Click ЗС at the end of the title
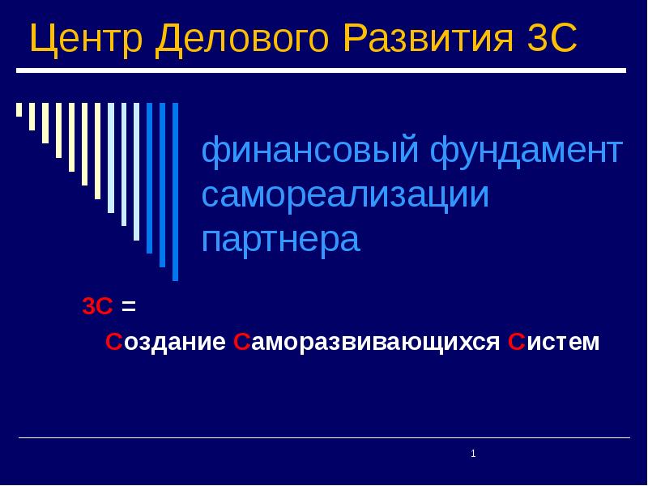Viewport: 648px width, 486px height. point(550,40)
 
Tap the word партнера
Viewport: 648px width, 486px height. point(280,240)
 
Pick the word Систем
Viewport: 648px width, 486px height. point(553,342)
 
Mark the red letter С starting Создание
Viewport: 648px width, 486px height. point(113,342)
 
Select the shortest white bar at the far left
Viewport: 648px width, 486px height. point(19,109)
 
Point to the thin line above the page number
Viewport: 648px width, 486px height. point(324,438)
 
